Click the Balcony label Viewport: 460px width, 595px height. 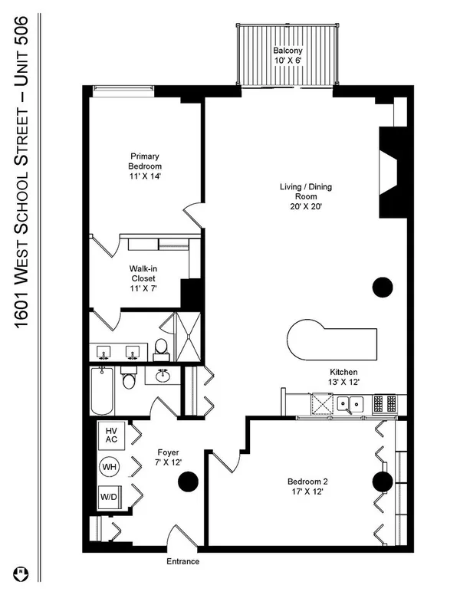pos(288,55)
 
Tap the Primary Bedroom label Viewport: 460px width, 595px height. pos(145,166)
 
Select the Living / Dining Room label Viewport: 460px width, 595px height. pos(306,196)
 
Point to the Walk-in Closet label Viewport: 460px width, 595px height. pos(143,278)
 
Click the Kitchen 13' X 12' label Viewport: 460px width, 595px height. pos(343,376)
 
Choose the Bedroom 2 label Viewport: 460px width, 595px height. pos(307,486)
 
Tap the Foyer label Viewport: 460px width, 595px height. pos(168,457)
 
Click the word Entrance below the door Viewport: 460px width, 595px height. pos(183,561)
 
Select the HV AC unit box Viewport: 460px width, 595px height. pos(111,436)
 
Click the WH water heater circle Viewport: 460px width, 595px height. pos(110,466)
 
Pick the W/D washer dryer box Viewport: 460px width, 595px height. pos(109,497)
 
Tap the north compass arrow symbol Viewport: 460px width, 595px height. pos(21,574)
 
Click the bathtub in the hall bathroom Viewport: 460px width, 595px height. pos(102,390)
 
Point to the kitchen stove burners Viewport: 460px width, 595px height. pos(384,404)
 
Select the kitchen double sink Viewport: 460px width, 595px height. pos(350,405)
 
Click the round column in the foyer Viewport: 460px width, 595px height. pos(189,482)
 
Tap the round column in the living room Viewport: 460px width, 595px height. pos(383,288)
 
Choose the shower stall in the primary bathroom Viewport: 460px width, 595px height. pos(189,337)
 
